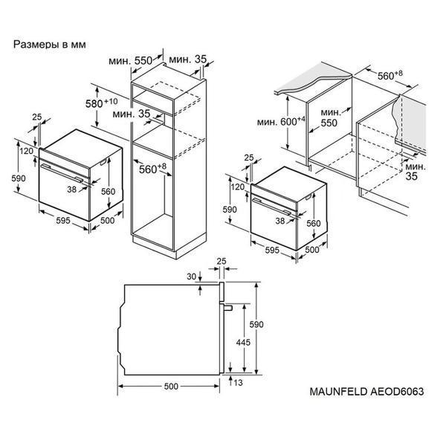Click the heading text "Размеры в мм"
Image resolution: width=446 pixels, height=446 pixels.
[x=50, y=45]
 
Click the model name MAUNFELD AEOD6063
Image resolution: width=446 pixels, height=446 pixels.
[x=366, y=392]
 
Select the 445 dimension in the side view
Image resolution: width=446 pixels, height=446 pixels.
[x=243, y=342]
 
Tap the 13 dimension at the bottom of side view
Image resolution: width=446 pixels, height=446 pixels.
[x=238, y=383]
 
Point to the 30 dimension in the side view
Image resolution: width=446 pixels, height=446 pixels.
[x=192, y=277]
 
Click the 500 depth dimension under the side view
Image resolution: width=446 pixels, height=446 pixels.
[x=171, y=386]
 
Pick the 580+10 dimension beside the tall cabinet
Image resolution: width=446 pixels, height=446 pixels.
[x=101, y=103]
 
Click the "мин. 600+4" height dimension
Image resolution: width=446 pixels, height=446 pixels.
[x=281, y=122]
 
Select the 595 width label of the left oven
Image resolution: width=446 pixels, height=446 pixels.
[x=63, y=220]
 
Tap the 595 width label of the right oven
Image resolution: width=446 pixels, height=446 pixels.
[x=272, y=250]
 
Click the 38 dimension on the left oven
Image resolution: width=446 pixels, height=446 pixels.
[x=72, y=189]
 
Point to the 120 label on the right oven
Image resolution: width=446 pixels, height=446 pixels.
[x=238, y=187]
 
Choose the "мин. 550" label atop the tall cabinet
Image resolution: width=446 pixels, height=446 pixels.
[x=130, y=60]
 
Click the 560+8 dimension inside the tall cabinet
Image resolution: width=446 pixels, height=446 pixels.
[x=152, y=169]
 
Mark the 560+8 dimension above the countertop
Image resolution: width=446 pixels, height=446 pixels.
[x=390, y=75]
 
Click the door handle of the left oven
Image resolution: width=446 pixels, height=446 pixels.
[x=62, y=172]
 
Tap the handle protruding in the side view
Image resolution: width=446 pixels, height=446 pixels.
[x=228, y=308]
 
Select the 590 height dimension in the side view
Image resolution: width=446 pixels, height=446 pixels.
[x=256, y=324]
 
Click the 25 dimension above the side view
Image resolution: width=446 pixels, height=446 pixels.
[x=222, y=261]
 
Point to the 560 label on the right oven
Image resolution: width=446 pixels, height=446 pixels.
[x=314, y=223]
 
